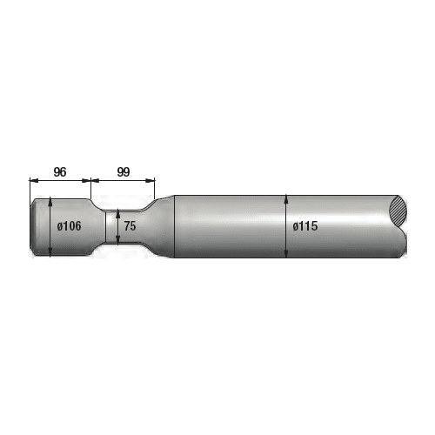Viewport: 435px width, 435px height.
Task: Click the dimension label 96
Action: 60,172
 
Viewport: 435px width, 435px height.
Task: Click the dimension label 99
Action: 124,172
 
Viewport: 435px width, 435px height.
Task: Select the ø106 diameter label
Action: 69,226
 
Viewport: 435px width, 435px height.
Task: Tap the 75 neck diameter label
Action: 130,226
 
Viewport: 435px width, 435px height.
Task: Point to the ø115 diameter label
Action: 305,226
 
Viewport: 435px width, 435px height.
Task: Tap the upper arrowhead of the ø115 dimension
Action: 286,198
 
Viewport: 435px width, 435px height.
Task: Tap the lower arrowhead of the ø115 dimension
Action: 286,254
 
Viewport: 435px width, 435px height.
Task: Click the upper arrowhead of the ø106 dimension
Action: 50,202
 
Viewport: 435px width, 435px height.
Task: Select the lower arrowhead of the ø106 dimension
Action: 50,252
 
